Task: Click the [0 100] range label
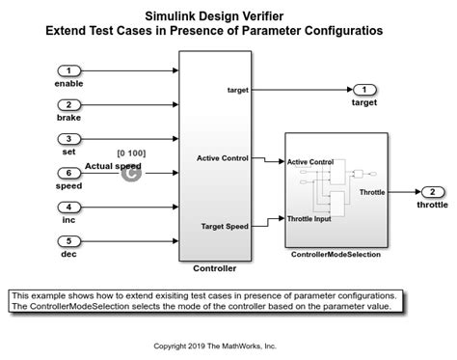coord(130,153)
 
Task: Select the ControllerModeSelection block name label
coord(336,254)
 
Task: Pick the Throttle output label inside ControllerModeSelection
coord(372,192)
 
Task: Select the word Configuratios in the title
coord(343,31)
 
